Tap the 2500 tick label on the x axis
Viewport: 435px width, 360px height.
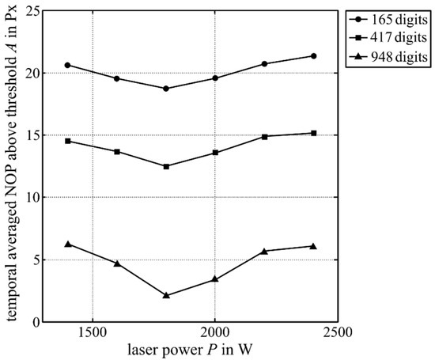[337, 332]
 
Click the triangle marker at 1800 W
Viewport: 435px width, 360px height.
[166, 295]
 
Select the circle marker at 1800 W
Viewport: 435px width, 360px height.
[166, 89]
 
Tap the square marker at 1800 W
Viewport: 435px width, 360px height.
[166, 166]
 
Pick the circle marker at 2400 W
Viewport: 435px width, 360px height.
[313, 56]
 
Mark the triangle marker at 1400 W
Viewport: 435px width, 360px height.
[68, 244]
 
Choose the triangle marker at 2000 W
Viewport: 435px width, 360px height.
[215, 279]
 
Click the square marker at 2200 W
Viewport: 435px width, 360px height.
[264, 136]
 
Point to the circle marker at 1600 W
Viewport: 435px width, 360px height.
[117, 78]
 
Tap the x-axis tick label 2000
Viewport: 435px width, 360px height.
[215, 332]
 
